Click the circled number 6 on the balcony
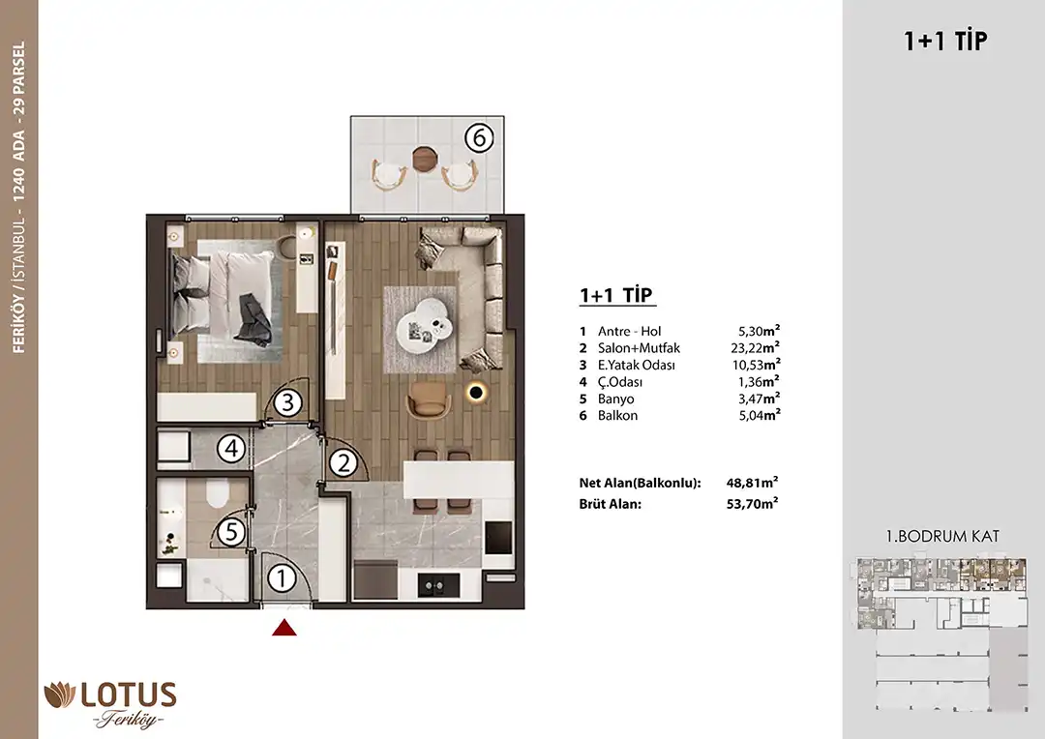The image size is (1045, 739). (479, 138)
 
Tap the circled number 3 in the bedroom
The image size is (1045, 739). (288, 402)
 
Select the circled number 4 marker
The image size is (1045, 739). (231, 449)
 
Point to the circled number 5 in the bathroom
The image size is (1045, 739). (231, 532)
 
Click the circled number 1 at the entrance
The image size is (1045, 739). (282, 578)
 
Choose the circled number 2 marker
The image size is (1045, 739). (343, 462)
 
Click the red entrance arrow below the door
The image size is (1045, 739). (284, 628)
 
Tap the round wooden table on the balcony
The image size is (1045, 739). (424, 159)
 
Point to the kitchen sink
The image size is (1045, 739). (438, 585)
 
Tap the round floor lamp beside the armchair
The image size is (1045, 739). (476, 393)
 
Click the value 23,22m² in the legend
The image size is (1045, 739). (755, 347)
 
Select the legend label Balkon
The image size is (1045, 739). (617, 415)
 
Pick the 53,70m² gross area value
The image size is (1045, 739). (752, 504)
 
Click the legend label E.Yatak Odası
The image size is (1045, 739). (637, 366)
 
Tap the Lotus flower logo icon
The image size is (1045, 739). (59, 695)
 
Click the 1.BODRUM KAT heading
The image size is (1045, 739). (942, 537)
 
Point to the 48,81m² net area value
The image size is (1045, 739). (752, 483)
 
